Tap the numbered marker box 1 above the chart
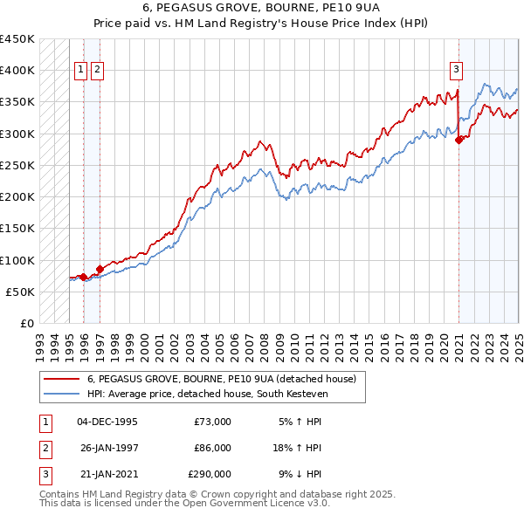[x=80, y=71]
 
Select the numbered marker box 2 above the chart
[x=96, y=71]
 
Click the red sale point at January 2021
[x=459, y=140]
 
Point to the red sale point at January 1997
[x=100, y=269]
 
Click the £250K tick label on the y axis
[x=17, y=165]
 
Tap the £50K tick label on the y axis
[x=21, y=292]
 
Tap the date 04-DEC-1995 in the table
[x=107, y=422]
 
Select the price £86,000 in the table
[x=212, y=448]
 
